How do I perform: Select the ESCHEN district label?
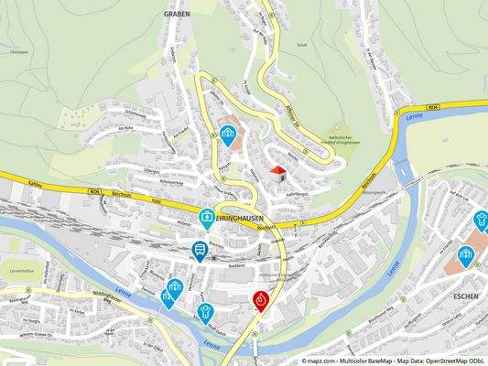point(467,296)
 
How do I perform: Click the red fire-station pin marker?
point(263,300)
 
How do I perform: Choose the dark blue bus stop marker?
point(199,251)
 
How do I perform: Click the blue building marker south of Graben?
point(227,135)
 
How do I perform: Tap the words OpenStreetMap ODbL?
point(456,360)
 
